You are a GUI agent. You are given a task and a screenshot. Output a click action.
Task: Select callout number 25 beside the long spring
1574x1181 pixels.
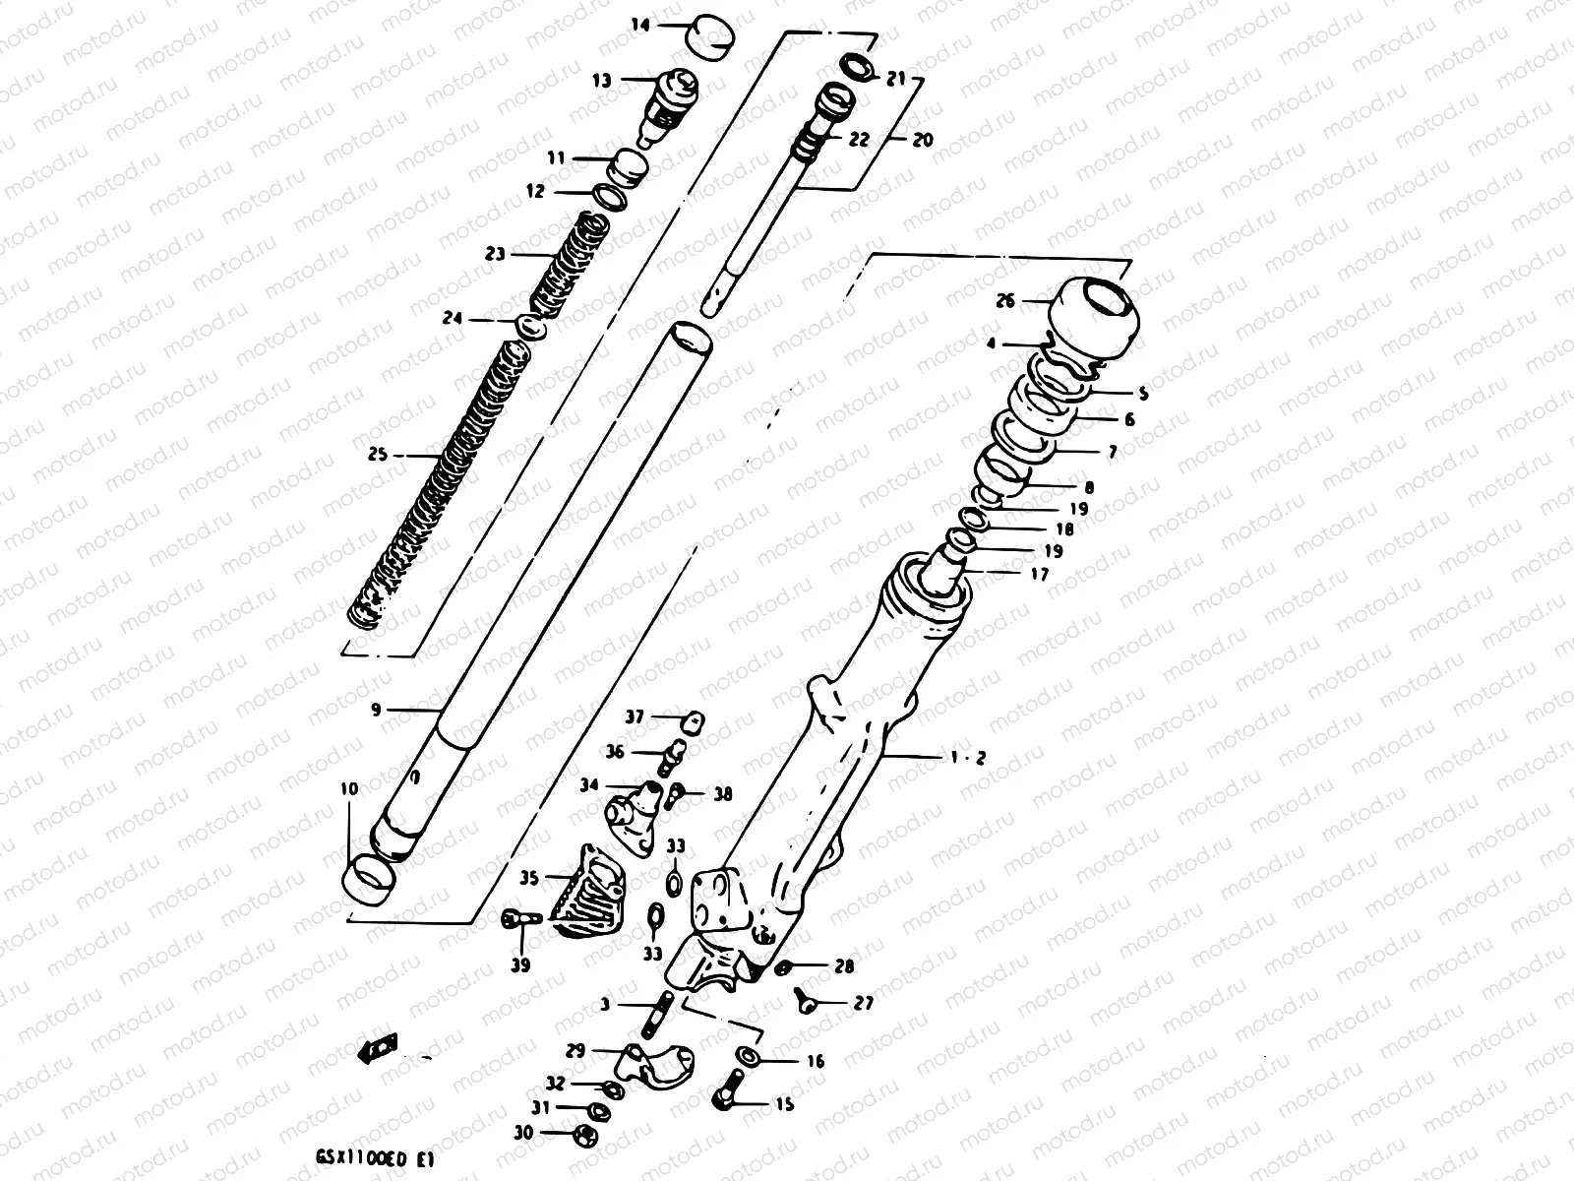(377, 456)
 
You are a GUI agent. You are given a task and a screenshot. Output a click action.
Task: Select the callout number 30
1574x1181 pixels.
(523, 1134)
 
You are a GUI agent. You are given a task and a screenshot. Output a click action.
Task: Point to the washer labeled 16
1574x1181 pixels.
(747, 1057)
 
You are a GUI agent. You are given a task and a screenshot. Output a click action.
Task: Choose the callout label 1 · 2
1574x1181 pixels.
(968, 757)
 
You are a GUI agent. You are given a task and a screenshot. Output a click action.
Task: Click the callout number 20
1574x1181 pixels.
(922, 140)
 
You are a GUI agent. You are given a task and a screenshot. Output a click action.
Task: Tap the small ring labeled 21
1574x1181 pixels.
(858, 67)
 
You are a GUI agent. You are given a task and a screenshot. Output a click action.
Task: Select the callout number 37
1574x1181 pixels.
(635, 717)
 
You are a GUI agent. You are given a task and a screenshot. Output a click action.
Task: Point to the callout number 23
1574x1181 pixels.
(495, 254)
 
